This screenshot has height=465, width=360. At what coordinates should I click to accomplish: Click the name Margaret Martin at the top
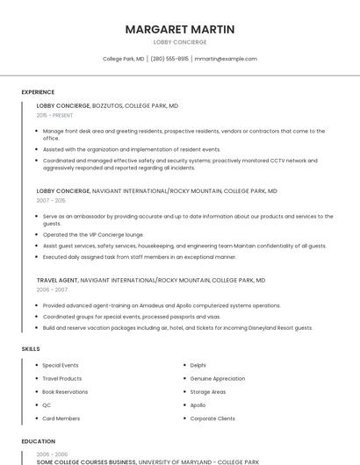pos(179,29)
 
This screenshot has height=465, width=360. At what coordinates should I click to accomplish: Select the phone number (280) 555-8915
pos(169,59)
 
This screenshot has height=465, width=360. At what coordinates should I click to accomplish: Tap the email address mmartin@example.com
pos(226,59)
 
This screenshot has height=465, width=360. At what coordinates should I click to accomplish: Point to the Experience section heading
pos(38,92)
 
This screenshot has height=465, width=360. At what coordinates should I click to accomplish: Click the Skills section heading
pos(31,349)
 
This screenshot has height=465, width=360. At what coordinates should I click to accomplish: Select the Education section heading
pos(38,441)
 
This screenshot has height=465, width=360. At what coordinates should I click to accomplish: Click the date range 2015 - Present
pos(54,115)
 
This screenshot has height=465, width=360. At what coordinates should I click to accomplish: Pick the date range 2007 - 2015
pos(51,200)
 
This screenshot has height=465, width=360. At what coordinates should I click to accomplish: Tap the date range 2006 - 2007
pos(52,289)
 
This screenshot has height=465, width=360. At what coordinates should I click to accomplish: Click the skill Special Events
pos(60,365)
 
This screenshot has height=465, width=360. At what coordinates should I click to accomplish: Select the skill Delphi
pos(198,365)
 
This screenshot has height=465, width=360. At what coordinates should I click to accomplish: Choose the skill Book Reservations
pos(65,391)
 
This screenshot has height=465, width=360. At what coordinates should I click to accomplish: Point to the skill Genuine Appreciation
pos(217,378)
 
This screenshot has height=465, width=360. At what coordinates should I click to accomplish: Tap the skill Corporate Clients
pos(212,418)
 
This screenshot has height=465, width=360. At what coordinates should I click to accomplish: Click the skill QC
pos(47,405)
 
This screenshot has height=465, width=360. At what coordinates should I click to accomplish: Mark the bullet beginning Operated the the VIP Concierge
pos(92,235)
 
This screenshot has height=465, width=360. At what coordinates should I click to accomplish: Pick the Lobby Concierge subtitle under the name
pos(179,42)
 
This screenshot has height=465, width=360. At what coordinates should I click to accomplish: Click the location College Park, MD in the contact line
pos(124,59)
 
